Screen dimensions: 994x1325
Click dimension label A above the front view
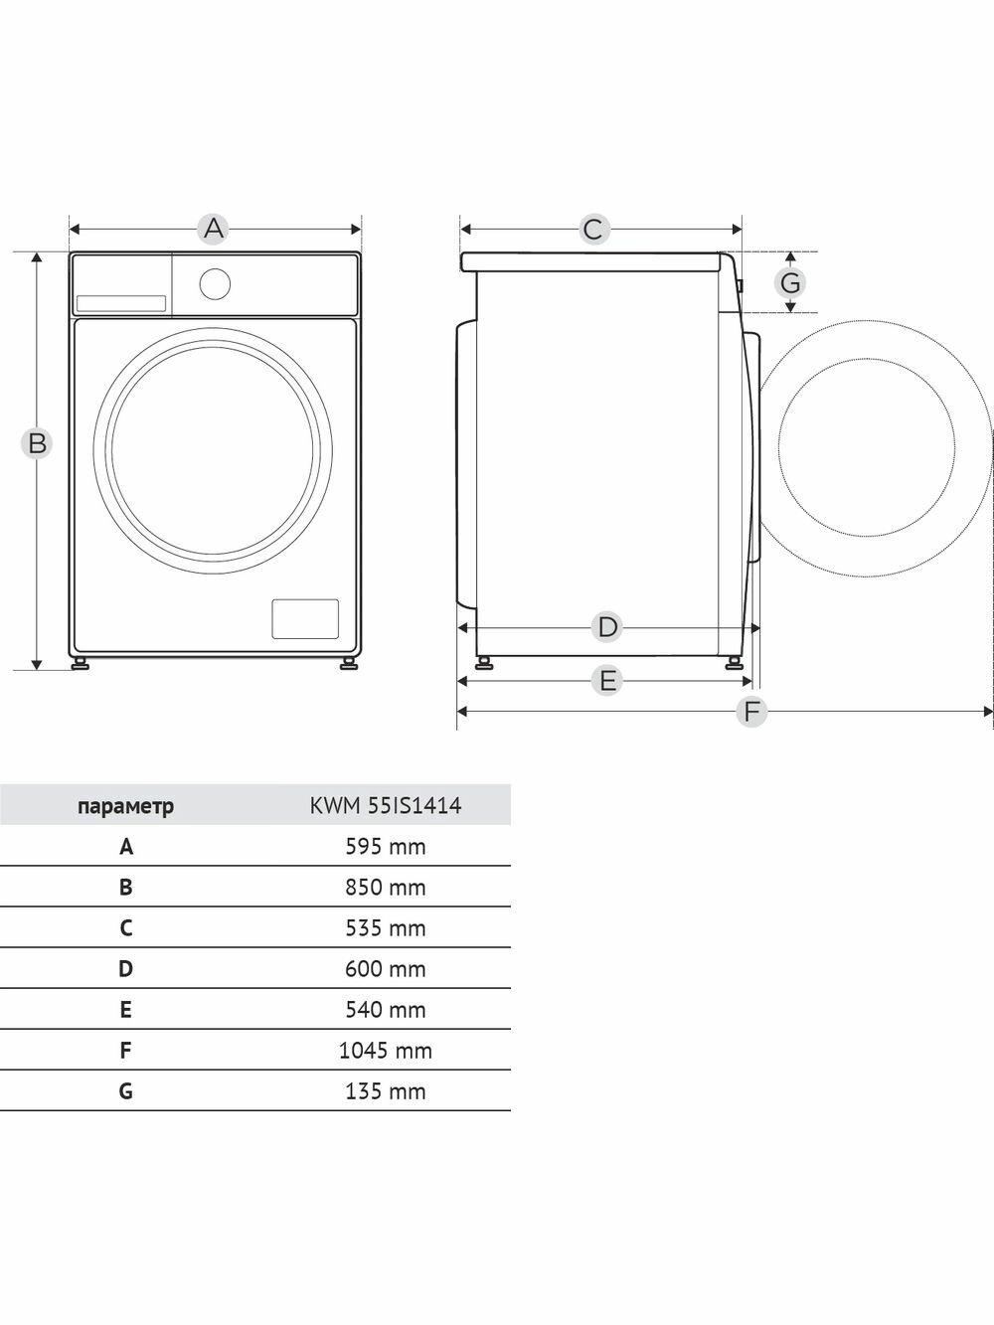click(214, 229)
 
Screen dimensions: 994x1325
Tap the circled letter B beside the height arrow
click(37, 443)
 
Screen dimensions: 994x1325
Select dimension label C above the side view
click(593, 230)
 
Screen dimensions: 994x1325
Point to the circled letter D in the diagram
click(607, 627)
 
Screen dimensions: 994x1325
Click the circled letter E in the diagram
click(607, 681)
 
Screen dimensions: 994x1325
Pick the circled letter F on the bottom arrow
click(751, 712)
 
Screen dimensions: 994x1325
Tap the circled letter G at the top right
click(790, 282)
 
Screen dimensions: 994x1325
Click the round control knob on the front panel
click(215, 283)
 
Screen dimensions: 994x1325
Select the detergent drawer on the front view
click(121, 303)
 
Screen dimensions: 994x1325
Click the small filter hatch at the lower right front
click(305, 618)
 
